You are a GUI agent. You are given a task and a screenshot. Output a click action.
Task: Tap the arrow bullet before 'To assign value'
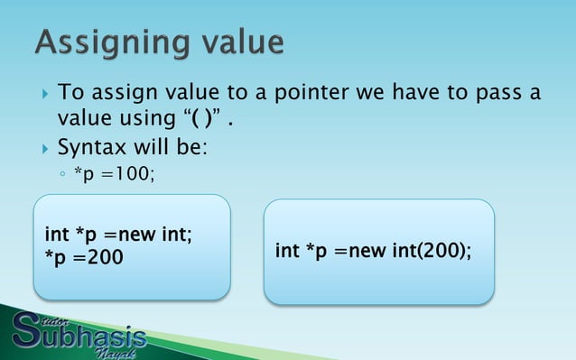tap(41, 94)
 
